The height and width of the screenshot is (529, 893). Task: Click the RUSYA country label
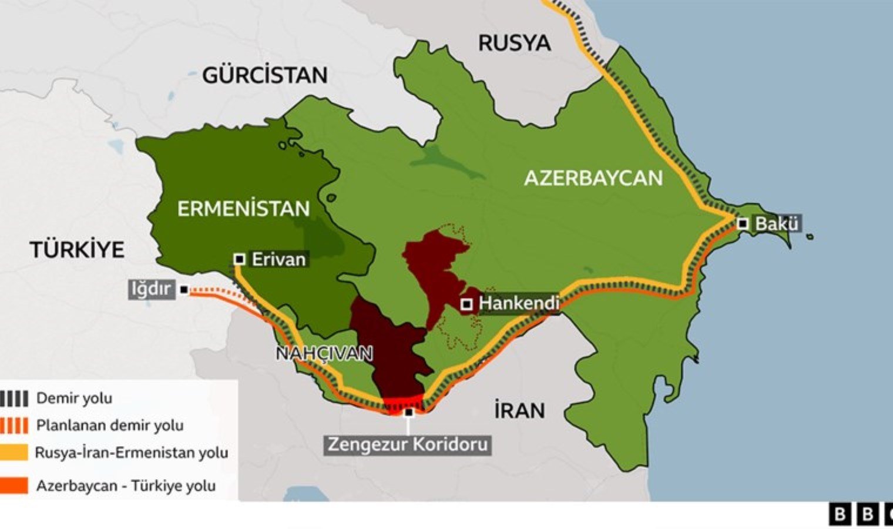tap(514, 43)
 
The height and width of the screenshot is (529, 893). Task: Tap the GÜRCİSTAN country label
tap(265, 75)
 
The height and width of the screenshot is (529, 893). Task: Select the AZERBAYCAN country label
tap(593, 178)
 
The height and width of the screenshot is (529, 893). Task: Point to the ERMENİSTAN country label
tap(243, 209)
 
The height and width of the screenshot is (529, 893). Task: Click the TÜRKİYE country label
tap(78, 250)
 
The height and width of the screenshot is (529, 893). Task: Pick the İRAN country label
tap(519, 410)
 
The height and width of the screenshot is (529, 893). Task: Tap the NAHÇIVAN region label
tap(324, 353)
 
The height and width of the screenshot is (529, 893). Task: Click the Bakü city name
tap(777, 224)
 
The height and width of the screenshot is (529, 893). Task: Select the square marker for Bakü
tap(743, 224)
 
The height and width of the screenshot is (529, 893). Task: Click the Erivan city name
tap(278, 259)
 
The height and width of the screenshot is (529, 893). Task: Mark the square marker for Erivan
tap(239, 259)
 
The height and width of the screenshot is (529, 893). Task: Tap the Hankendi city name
tap(518, 304)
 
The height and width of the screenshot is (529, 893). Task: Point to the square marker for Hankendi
tap(466, 304)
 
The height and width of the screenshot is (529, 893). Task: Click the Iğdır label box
tap(152, 289)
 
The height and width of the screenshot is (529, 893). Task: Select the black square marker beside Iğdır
tap(184, 290)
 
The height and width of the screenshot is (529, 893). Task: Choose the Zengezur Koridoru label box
tap(408, 444)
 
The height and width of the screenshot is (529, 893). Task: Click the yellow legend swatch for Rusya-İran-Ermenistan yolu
tap(14, 453)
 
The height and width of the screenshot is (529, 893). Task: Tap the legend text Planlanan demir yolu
tap(110, 425)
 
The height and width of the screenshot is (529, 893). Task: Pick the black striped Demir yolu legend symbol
tap(14, 399)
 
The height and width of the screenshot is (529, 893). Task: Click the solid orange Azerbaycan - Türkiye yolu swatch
tap(14, 486)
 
